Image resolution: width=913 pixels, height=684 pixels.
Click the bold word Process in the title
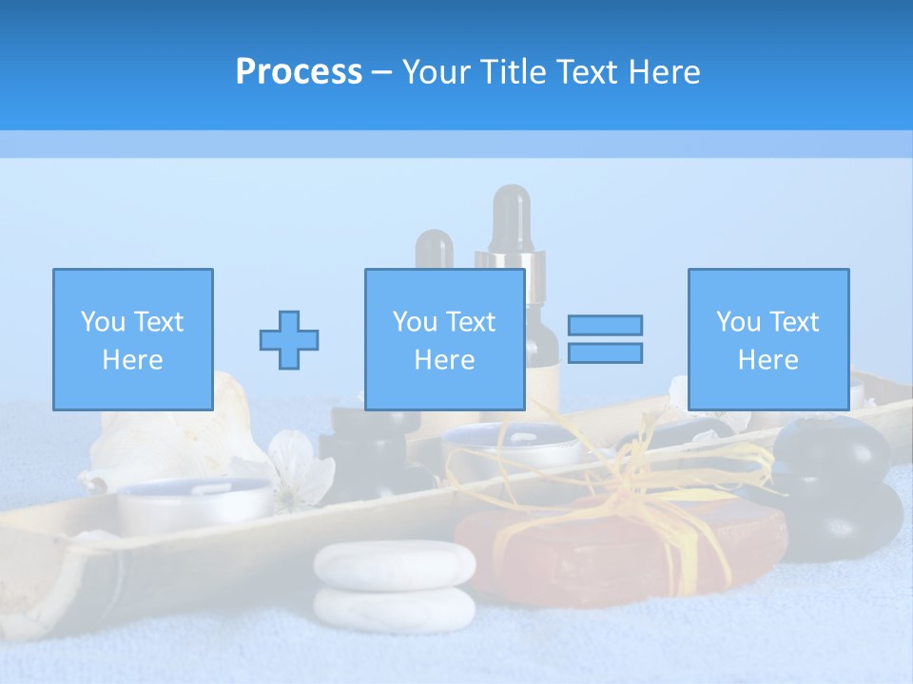(299, 71)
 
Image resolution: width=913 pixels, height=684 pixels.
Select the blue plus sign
(289, 340)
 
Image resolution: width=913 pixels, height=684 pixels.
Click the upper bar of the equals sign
(605, 325)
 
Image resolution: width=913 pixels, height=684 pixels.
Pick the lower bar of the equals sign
(605, 352)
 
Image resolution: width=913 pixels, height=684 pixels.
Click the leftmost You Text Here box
(133, 339)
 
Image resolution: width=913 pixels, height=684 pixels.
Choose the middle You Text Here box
(444, 339)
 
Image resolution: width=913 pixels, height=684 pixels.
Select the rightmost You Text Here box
(767, 339)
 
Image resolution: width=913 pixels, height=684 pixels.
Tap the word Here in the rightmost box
(767, 360)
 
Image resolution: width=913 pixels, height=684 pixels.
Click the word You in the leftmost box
(103, 322)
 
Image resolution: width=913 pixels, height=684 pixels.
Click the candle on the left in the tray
(194, 503)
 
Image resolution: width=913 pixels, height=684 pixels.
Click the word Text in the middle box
(470, 322)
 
